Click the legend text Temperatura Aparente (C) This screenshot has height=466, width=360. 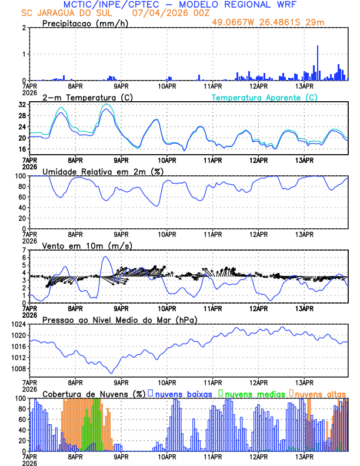264,97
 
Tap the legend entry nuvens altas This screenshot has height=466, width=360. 319,394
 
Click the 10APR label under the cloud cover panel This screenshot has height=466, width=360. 166,455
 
